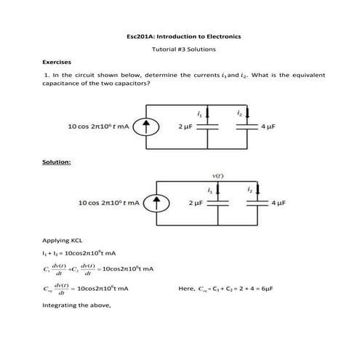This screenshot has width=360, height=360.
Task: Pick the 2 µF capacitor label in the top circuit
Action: [x=185, y=127]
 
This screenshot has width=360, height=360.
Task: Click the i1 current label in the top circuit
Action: [x=199, y=114]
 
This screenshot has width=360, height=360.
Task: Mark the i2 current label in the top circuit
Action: [x=239, y=114]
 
